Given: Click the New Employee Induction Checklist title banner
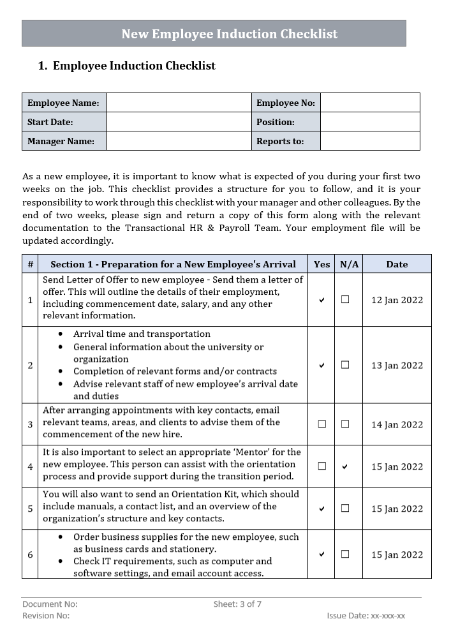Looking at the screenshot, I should [214, 34].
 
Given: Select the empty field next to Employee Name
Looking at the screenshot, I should [179, 103].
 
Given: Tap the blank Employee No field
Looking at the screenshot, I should [369, 103].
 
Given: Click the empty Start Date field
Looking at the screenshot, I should [179, 122].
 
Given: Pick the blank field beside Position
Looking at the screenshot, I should [369, 122].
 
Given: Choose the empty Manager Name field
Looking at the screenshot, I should [179, 141].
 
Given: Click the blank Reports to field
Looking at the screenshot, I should [369, 141].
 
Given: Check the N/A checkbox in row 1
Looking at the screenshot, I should [345, 299].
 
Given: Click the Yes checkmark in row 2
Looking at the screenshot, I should [322, 365].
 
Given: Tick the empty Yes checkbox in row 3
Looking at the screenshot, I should [322, 424].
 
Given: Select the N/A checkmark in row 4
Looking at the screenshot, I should [345, 466].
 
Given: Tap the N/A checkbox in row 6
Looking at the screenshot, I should [345, 554].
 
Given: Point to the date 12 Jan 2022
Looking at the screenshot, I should [397, 300].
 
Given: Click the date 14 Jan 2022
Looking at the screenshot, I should [397, 424].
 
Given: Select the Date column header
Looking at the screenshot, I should [397, 264].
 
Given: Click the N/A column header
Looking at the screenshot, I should [349, 264].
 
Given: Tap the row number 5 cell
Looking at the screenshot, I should [30, 509].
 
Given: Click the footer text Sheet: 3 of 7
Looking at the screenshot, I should [237, 604].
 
